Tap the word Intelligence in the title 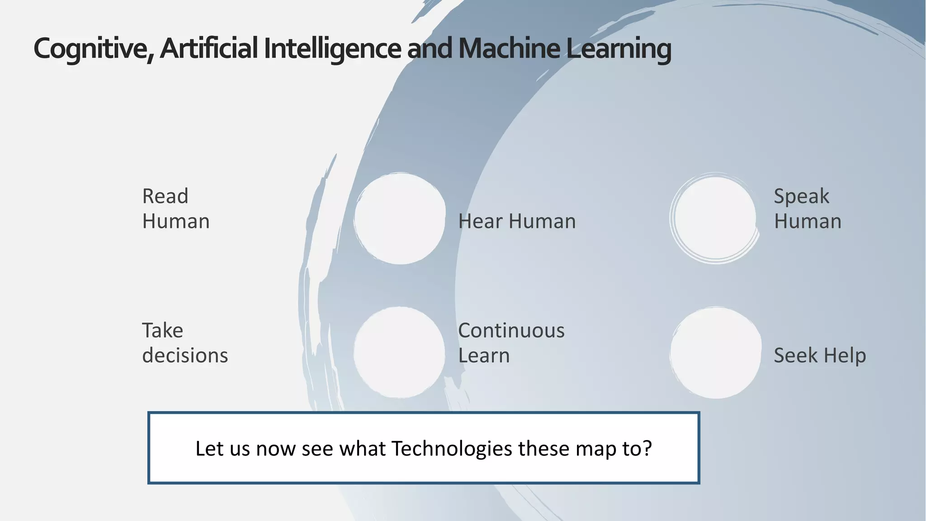tap(332, 49)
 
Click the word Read tap(165, 196)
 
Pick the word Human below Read tap(176, 222)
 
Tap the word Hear tap(480, 222)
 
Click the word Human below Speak tap(808, 222)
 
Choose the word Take tap(162, 331)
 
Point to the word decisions tap(185, 355)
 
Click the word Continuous tap(511, 331)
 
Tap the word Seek tap(795, 355)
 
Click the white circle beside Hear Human tap(400, 218)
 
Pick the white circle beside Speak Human tap(715, 218)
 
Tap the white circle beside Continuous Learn tap(400, 353)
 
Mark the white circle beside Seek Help tap(716, 353)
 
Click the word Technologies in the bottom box tap(452, 449)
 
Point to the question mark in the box tap(647, 448)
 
